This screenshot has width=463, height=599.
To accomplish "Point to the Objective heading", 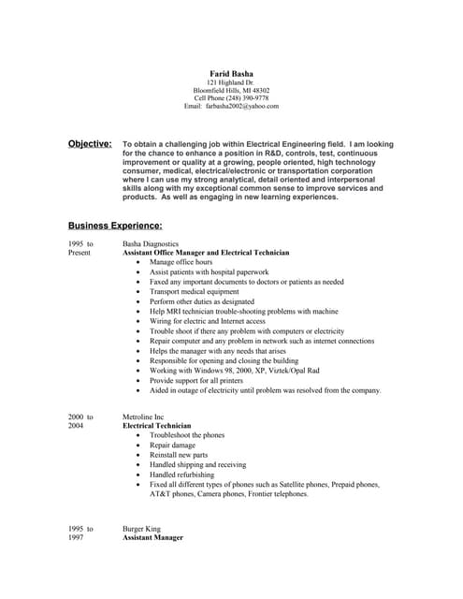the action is click(90, 144).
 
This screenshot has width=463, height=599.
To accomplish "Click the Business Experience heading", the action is click(115, 226).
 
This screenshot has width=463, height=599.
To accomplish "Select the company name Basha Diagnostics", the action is click(152, 243).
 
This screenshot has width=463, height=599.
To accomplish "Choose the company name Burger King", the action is click(141, 529).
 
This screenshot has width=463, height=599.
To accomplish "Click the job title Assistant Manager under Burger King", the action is click(152, 538).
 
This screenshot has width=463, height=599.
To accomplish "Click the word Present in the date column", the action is click(80, 253).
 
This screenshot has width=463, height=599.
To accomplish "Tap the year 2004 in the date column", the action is click(76, 425).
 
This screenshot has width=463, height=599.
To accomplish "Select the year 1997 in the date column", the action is click(76, 538).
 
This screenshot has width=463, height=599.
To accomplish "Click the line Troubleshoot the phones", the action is click(187, 435).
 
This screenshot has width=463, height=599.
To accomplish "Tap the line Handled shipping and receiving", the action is click(197, 464).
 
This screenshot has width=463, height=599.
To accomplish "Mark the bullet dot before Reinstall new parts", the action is click(138, 455).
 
